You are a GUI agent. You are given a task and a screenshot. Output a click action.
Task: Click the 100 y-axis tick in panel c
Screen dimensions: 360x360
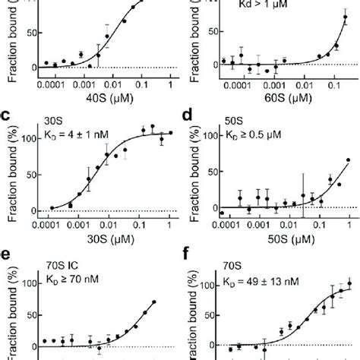pos(28,138)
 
